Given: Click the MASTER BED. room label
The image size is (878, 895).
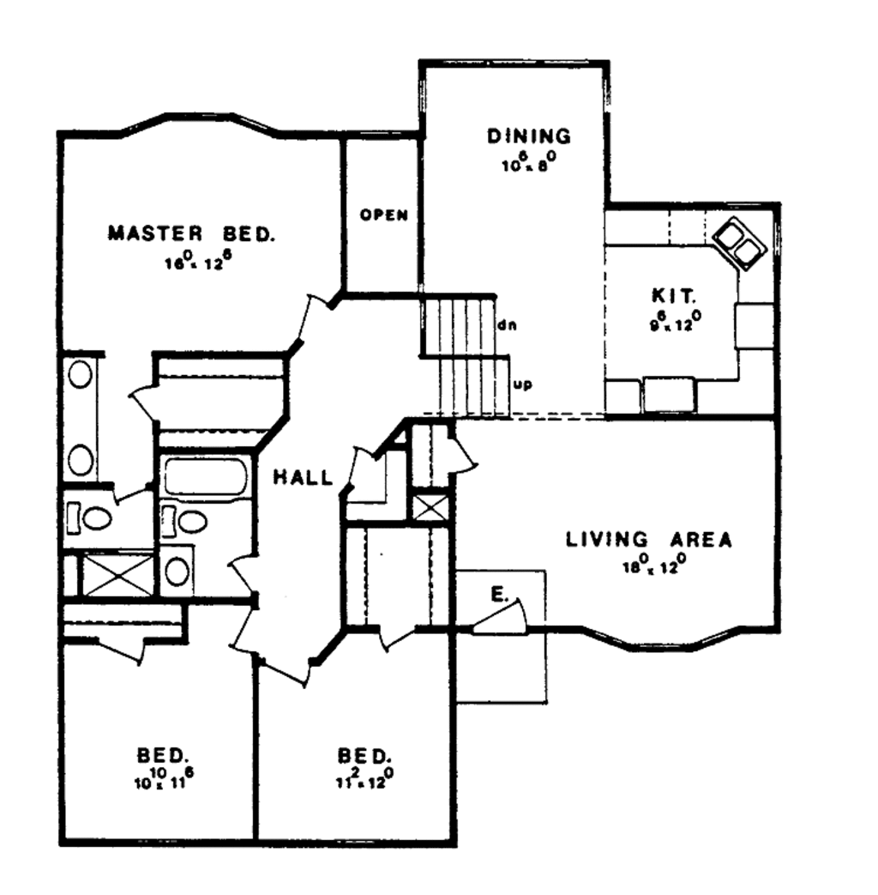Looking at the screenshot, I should pos(192,233).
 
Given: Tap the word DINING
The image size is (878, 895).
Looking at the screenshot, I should pos(528,136).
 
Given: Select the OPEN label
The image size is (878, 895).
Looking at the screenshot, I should pos(383,215).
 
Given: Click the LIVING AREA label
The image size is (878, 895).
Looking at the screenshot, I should pos(648,540).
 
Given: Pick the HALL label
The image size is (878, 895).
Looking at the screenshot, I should pos(303,478).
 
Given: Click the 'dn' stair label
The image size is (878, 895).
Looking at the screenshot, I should pos(505,326).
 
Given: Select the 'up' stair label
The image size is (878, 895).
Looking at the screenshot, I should pos(521,384).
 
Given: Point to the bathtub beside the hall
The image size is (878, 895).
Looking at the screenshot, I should pos(205,477).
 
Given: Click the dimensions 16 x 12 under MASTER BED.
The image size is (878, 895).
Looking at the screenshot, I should pos(197,261).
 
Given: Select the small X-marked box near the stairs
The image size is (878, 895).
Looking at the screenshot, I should pos(431,505).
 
